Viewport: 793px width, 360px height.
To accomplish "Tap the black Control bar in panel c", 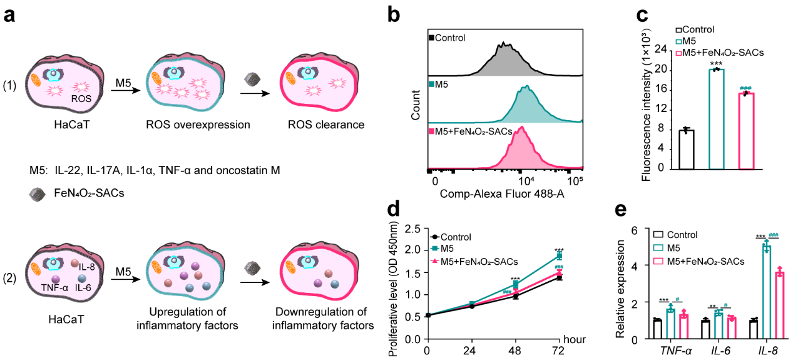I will pos(687,150).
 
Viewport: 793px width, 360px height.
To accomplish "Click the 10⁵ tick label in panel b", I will pos(574,181).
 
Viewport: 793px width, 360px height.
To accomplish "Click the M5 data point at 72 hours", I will pos(560,255).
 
